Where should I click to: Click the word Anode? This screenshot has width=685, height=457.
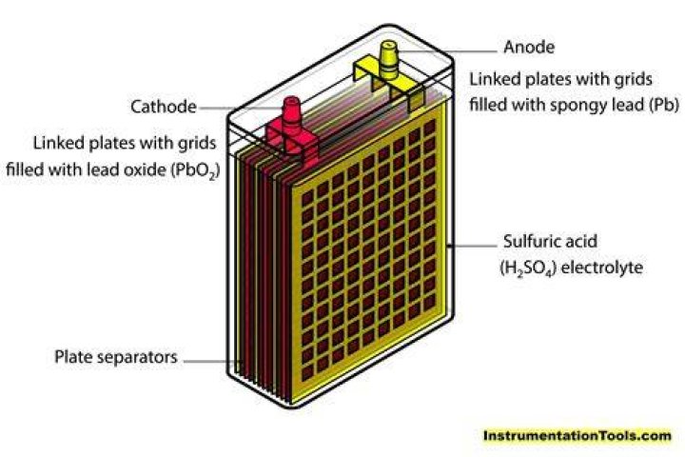click(x=529, y=47)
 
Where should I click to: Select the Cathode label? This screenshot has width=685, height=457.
click(x=164, y=107)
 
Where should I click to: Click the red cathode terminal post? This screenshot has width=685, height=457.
click(x=292, y=114)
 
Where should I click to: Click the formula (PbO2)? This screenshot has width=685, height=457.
click(x=194, y=169)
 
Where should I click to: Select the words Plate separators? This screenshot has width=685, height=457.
click(x=116, y=357)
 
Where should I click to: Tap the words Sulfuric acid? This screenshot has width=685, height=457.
click(x=550, y=242)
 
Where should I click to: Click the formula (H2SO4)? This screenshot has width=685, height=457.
click(x=528, y=268)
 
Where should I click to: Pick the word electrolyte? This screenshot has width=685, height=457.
click(x=601, y=268)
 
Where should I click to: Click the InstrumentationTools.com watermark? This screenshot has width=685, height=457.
click(x=577, y=435)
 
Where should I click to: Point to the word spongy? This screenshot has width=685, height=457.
click(x=577, y=106)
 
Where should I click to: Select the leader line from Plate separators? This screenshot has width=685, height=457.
click(x=213, y=361)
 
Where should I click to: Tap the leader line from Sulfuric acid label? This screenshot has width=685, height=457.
click(x=473, y=246)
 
